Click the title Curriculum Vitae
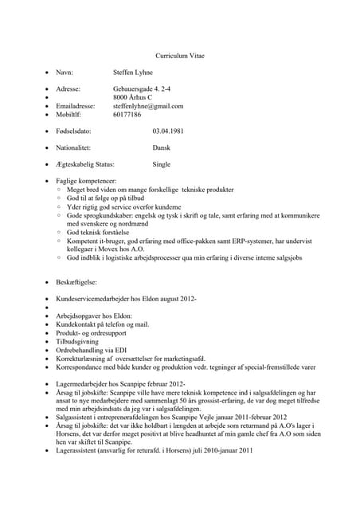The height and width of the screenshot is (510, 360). coord(179,57)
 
